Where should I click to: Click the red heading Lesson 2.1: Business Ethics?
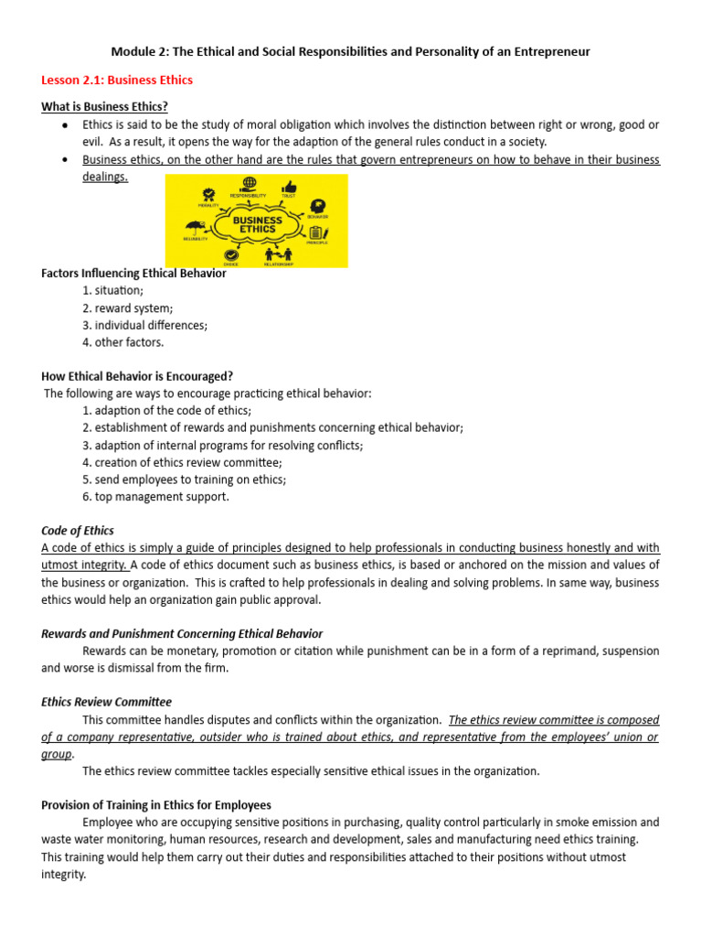117,81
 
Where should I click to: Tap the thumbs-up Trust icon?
289,187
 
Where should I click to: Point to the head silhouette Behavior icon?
317,207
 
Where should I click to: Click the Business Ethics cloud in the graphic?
257,223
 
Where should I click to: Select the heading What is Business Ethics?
104,107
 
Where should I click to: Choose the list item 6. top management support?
155,497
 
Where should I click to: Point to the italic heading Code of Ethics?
78,531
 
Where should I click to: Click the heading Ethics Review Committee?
106,702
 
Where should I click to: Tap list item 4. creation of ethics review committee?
182,463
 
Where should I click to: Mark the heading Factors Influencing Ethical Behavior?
133,273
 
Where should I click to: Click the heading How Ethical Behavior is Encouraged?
137,376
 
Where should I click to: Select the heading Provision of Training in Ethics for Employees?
156,805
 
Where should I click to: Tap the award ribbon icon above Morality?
209,194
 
